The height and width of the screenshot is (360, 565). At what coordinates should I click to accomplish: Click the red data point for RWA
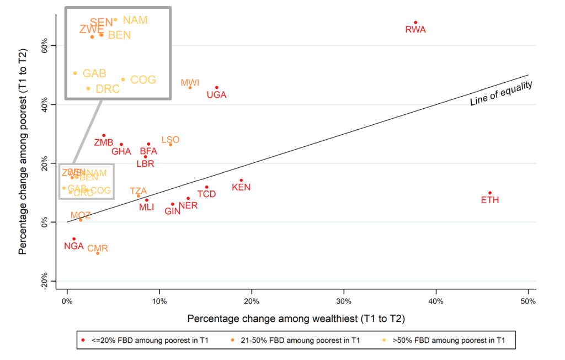click(x=415, y=23)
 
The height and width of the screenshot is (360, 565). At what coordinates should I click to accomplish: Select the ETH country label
click(x=489, y=200)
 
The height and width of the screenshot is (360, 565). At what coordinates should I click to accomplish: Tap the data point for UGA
click(x=216, y=87)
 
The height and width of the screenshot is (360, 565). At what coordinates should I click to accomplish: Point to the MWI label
click(x=190, y=83)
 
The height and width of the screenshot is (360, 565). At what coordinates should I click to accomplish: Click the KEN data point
click(x=241, y=181)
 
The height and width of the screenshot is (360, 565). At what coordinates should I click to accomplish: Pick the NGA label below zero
click(x=73, y=246)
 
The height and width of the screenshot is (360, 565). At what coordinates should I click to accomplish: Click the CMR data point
click(x=98, y=253)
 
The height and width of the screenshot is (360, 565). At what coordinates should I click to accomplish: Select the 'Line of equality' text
click(x=501, y=93)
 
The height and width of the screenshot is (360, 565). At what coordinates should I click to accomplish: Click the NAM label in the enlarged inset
click(x=135, y=20)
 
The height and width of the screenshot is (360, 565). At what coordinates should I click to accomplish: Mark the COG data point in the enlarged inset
click(x=123, y=80)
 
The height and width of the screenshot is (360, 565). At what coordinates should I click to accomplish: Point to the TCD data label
click(x=206, y=194)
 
